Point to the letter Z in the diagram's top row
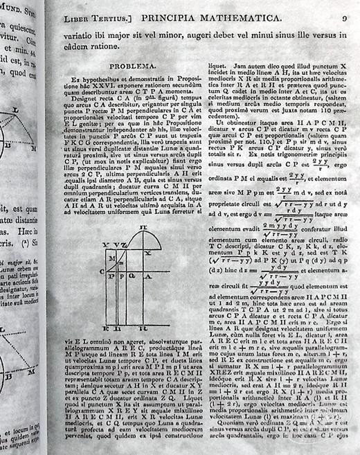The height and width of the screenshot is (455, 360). coord(124,245)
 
